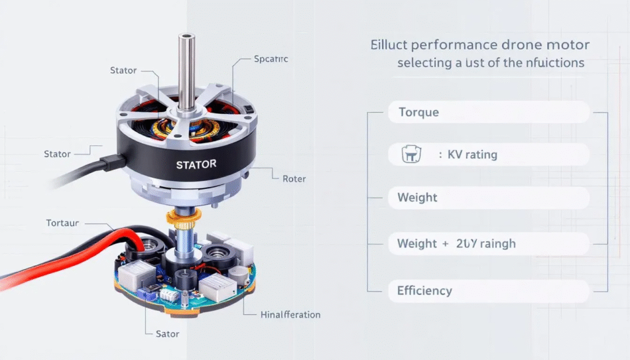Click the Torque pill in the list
[488, 113]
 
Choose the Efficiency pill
[488, 290]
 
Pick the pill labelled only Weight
[488, 198]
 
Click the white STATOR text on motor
[196, 165]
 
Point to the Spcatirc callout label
[271, 60]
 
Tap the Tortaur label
[62, 223]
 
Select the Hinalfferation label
[290, 314]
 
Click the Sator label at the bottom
[167, 334]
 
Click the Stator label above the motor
[123, 70]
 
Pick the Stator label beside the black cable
[57, 153]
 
